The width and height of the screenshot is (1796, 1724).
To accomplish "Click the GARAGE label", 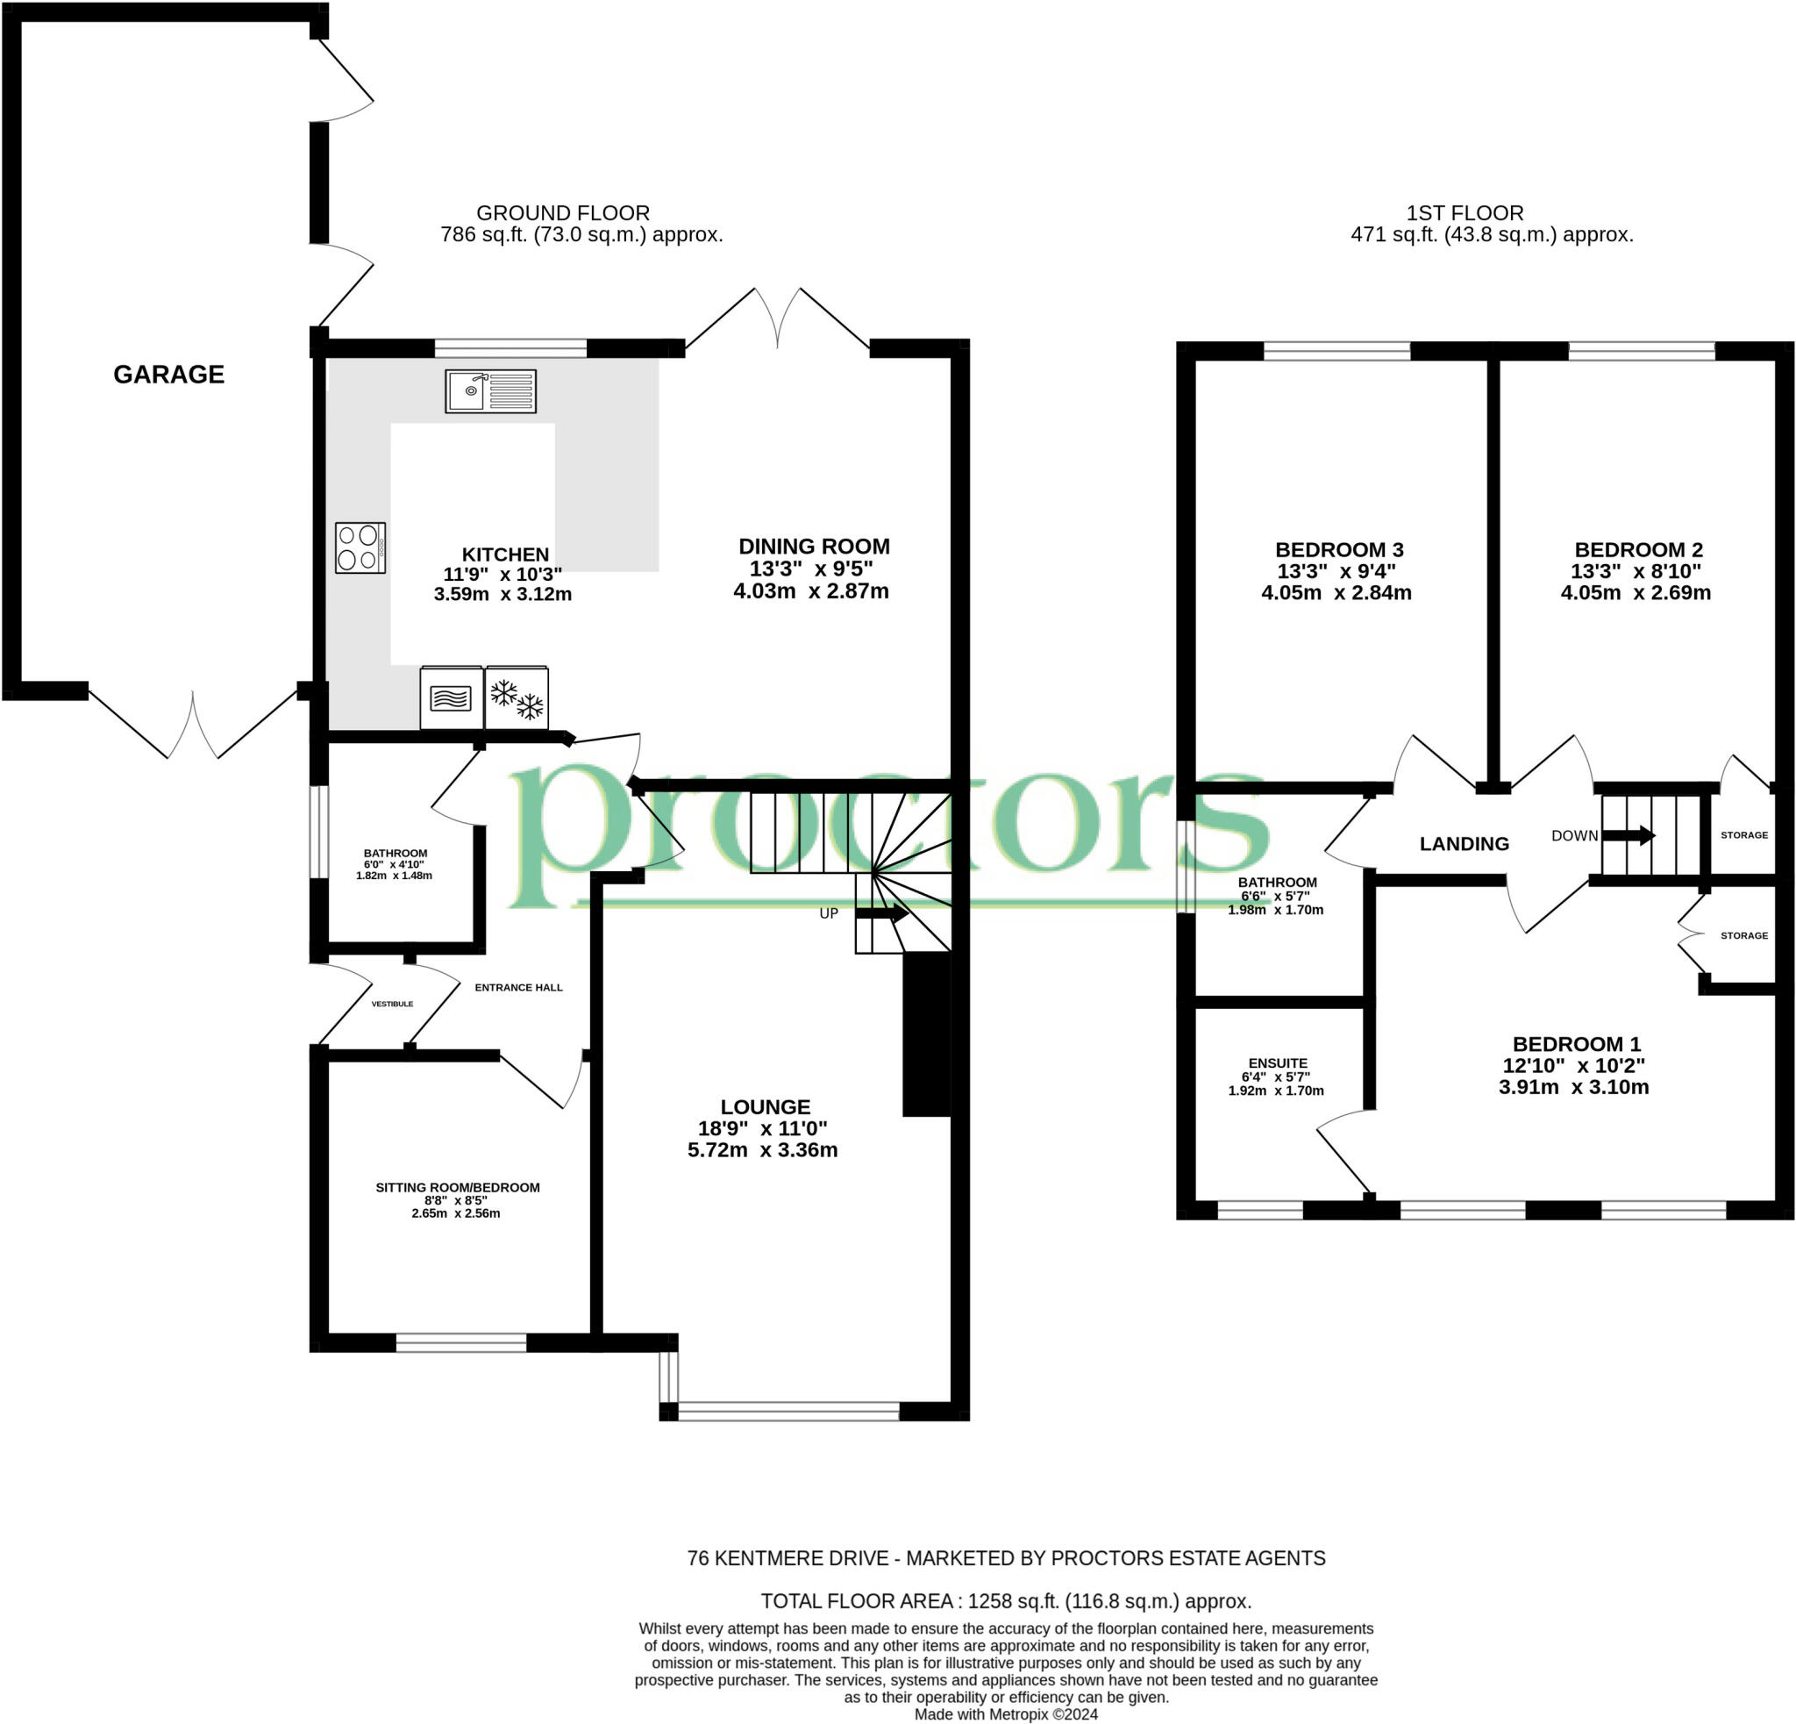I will (x=168, y=374).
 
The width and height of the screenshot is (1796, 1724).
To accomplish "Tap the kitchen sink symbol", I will (x=490, y=391).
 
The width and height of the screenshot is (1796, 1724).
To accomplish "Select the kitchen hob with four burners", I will (x=360, y=547).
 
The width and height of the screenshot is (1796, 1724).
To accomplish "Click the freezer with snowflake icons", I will (x=517, y=697).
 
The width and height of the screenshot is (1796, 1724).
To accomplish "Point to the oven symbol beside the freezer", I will (x=451, y=697).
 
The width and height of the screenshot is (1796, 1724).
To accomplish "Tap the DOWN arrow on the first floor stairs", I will (x=1629, y=835).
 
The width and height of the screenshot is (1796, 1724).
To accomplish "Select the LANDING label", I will (x=1464, y=843).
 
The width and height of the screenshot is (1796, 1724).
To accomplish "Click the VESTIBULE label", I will (x=392, y=1004).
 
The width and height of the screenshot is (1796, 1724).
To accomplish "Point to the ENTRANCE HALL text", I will (x=518, y=987).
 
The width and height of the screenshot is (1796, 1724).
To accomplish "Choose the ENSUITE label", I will (x=1278, y=1063).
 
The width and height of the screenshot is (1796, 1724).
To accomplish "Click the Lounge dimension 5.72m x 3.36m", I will (x=762, y=1149).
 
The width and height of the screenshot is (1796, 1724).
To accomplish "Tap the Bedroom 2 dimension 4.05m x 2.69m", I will (x=1636, y=592).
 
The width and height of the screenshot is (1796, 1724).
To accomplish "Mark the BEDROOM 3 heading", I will (x=1339, y=549).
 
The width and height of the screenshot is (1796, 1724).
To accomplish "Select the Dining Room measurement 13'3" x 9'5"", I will (x=811, y=569).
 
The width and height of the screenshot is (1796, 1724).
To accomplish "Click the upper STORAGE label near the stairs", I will (x=1743, y=835).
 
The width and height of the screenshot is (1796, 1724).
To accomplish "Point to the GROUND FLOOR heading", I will (x=563, y=212).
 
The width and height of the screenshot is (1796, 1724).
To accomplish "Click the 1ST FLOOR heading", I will (x=1465, y=212).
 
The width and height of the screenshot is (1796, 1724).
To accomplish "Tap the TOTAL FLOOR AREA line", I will (x=1005, y=1601).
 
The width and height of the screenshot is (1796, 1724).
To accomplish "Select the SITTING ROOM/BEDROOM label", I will (x=457, y=1187).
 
